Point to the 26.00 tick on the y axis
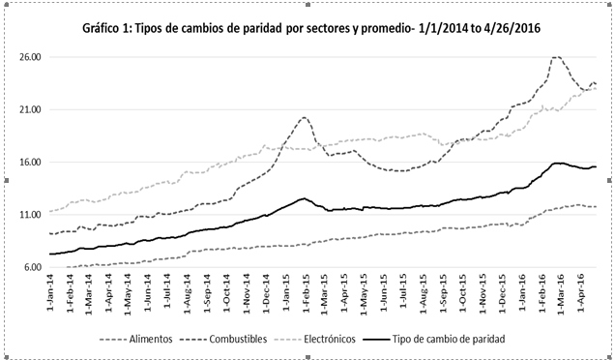(x=28, y=57)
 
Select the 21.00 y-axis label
(x=28, y=109)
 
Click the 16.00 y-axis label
(x=28, y=162)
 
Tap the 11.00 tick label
(x=28, y=214)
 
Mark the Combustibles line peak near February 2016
(x=557, y=57)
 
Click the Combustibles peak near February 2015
(x=304, y=118)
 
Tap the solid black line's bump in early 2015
(x=303, y=198)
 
